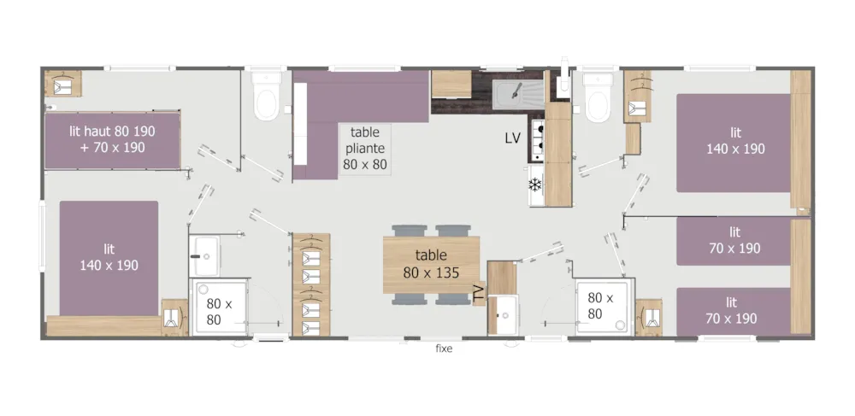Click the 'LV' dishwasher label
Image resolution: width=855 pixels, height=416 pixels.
512,138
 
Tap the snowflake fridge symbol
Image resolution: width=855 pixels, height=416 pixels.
535,185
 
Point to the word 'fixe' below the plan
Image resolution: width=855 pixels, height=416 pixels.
444,349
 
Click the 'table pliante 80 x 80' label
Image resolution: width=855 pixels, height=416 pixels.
365,148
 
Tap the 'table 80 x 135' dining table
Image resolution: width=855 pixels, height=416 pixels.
431,265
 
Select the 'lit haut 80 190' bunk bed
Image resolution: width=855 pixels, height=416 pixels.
112,140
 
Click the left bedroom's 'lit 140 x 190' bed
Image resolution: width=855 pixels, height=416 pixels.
109,258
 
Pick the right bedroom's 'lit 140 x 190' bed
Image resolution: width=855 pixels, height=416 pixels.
734,143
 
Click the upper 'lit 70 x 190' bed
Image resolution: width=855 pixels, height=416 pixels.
734,241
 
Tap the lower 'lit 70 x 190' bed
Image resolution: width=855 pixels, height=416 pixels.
734,312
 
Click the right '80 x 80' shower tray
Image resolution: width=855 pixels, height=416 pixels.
605,306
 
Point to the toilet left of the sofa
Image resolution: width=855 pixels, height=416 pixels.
267,96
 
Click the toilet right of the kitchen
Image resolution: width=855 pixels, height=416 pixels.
598,98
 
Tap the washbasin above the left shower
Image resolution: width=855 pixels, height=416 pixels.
205,256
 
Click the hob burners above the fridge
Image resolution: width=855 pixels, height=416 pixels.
538,140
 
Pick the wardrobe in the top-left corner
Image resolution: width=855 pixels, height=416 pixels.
63,84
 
